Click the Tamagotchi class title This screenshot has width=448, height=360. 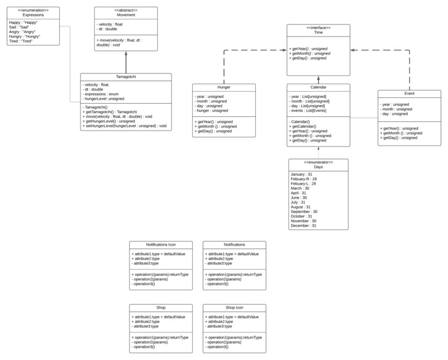click(x=126, y=77)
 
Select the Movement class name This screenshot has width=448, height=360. click(x=126, y=15)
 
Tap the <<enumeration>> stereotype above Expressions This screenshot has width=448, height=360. click(x=33, y=10)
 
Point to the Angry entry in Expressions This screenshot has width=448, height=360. click(x=22, y=31)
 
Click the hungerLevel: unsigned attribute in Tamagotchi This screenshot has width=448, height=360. click(x=104, y=99)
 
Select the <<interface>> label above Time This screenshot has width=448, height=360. click(x=318, y=28)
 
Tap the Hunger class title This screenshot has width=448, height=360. click(x=224, y=87)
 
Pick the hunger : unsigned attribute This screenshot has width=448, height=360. click(x=212, y=111)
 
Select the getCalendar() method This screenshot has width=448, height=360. click(x=302, y=126)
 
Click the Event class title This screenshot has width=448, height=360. click(x=409, y=94)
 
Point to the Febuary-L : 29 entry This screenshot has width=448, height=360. click(x=303, y=183)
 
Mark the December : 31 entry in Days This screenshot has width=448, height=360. click(x=303, y=226)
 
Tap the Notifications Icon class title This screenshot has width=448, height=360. click(x=161, y=244)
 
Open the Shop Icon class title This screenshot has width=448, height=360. click(x=234, y=308)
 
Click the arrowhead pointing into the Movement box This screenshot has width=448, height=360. click(x=126, y=53)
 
